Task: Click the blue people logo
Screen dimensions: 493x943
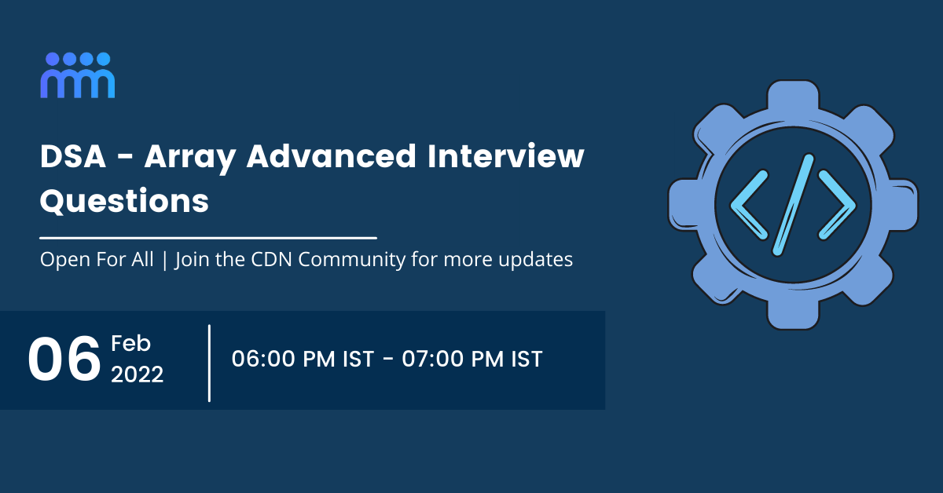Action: (78, 75)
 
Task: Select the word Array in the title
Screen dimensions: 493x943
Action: (189, 157)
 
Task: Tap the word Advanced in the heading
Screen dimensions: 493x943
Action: (330, 157)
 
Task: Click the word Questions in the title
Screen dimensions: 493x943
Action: (124, 201)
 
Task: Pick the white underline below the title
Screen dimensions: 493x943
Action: (208, 236)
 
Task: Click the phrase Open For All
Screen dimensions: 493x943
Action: (97, 260)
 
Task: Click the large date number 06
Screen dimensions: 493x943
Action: (64, 360)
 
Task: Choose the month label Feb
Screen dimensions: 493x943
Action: (130, 343)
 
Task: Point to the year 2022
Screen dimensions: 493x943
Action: (138, 374)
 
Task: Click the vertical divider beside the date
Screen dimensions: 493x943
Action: (210, 362)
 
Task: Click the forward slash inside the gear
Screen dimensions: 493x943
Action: (792, 205)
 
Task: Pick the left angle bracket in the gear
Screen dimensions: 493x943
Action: (749, 206)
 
